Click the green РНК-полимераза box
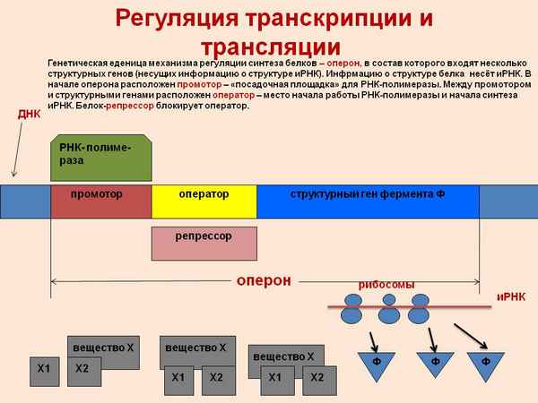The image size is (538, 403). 100,159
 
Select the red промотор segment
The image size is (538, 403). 100,201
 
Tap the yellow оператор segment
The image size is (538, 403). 204,201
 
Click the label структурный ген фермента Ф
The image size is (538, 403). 367,194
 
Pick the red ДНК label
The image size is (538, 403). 30,115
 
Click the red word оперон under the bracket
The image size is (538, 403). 264,280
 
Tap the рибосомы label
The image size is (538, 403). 386,284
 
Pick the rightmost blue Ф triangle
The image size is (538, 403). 486,364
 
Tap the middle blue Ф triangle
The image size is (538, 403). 434,364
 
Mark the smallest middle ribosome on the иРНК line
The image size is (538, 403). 389,299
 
